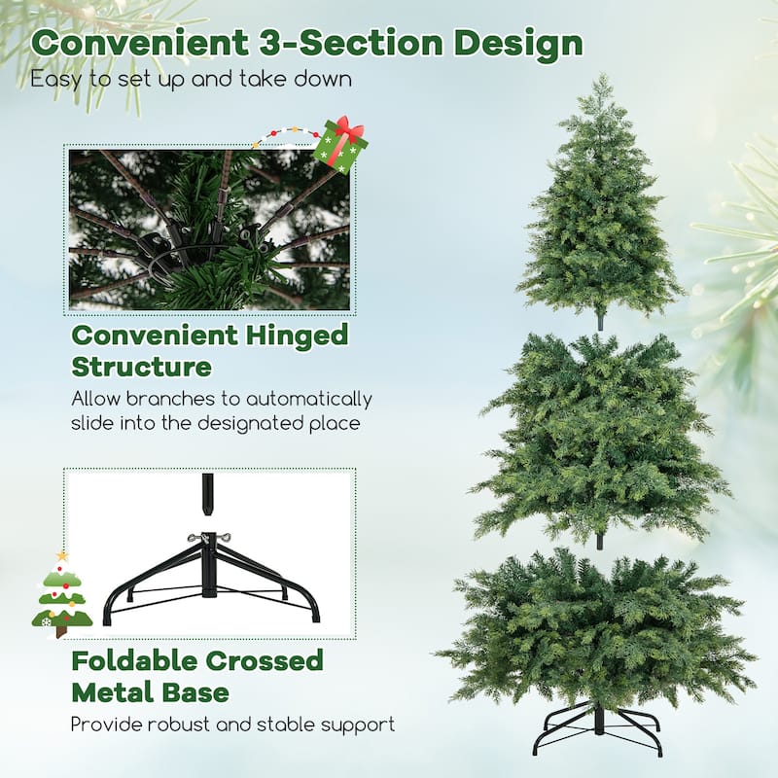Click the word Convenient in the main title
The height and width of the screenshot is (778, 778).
coord(130,44)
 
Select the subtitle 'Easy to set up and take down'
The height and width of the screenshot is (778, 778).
coord(190,79)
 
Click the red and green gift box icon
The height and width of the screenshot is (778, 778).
coord(339,144)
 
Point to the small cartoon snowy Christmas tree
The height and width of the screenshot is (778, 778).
coord(61,595)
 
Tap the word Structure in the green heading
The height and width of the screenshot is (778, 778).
coord(141,368)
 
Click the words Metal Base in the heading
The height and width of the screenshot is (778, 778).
coord(151,692)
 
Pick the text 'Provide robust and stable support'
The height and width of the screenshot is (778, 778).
coord(232,724)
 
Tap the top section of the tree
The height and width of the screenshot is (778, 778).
coord(599,214)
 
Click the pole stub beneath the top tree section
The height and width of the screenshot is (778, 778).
coord(599,321)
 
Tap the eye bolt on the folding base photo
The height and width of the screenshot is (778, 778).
coord(206,538)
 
